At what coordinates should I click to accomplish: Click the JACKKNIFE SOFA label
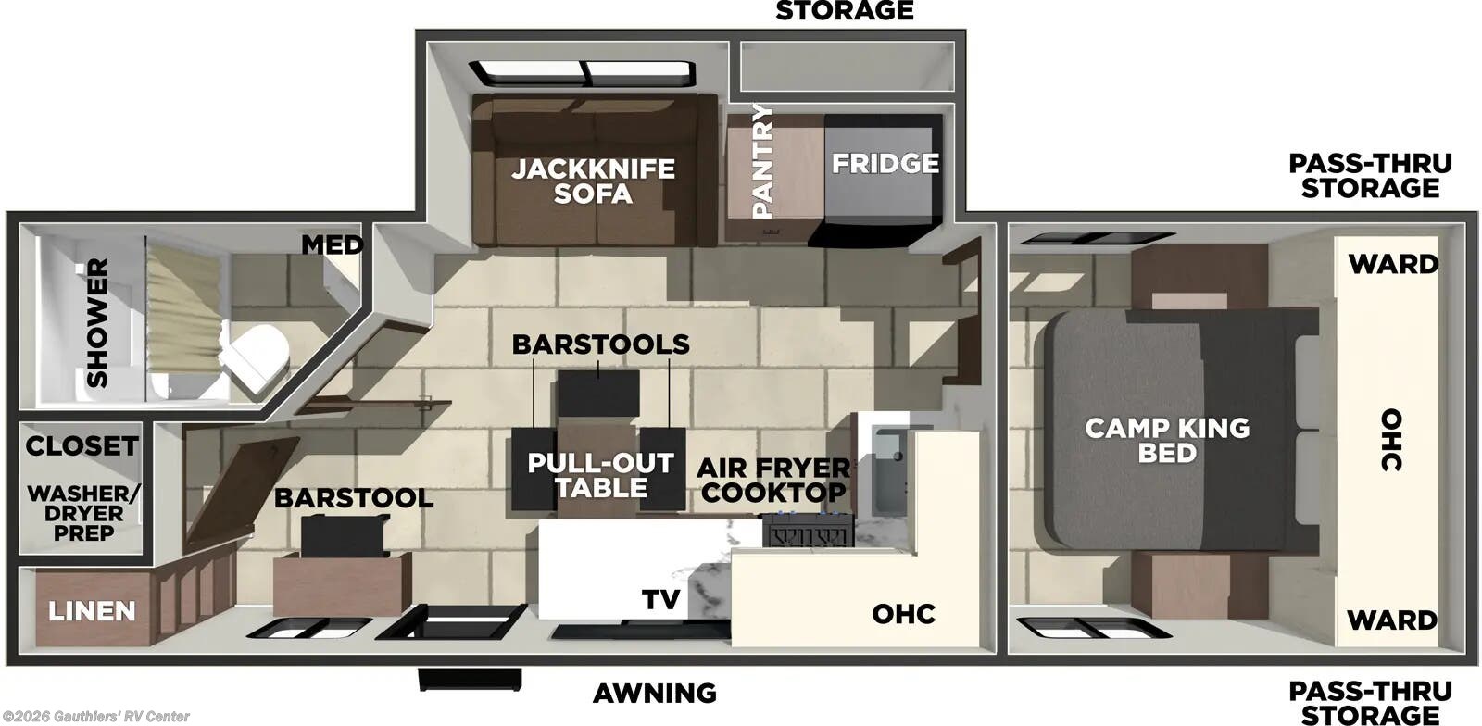[593, 181]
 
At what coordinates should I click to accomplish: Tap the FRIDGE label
[885, 164]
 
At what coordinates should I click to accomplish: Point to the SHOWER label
[97, 322]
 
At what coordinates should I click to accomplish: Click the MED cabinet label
[332, 245]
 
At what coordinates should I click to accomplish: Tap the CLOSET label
[82, 446]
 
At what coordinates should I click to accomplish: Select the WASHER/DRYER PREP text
[83, 513]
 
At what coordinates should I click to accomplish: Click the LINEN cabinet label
[92, 611]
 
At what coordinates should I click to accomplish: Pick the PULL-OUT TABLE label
[600, 475]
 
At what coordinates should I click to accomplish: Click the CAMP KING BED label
[1167, 440]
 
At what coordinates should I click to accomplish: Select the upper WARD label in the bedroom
[1393, 264]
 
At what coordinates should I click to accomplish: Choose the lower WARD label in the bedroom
[1393, 619]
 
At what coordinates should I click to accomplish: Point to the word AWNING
[655, 693]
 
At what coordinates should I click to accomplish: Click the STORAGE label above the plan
[844, 11]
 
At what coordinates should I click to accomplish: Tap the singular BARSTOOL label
[353, 498]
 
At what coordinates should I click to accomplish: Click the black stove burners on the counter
[807, 532]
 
